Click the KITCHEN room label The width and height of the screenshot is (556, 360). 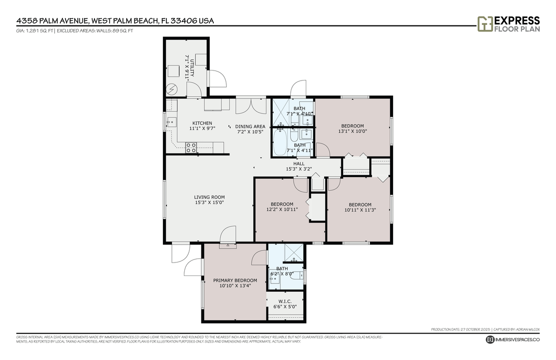point(202,123)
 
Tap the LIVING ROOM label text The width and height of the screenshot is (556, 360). point(209,197)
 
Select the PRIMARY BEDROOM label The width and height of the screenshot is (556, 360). point(235,280)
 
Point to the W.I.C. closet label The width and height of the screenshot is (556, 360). point(285,301)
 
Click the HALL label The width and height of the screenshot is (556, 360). point(299,163)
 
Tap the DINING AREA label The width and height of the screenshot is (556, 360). point(250,126)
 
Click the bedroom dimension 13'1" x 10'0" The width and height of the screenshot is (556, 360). point(352,131)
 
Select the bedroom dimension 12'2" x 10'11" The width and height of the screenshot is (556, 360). point(282,209)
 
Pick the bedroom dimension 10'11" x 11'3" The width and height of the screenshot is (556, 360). point(360,210)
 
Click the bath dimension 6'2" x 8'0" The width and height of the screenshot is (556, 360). point(279,273)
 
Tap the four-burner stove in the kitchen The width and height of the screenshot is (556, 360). point(191,147)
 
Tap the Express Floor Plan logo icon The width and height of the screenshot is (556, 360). point(485,23)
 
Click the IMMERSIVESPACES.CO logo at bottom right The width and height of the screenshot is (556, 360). point(513,339)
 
